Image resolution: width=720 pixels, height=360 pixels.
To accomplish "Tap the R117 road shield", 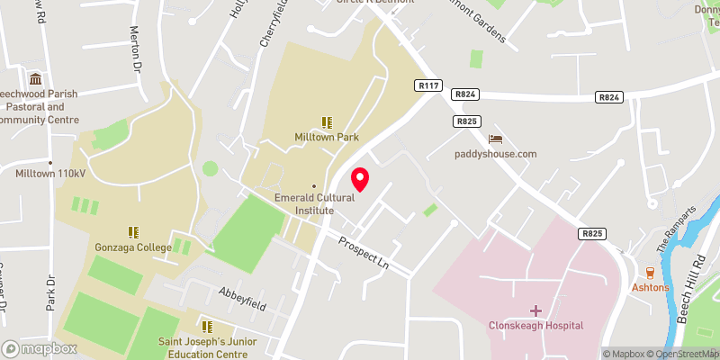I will pyautogui.click(x=427, y=85).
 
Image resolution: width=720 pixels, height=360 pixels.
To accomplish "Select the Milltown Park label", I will pyautogui.click(x=327, y=138).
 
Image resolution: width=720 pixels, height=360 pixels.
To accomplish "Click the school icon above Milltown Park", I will pyautogui.click(x=327, y=121).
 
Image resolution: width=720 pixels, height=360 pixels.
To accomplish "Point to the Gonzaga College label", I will pyautogui.click(x=132, y=246).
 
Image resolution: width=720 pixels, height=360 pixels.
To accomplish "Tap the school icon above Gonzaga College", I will pyautogui.click(x=132, y=230).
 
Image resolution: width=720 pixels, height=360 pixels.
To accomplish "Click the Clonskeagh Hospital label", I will pyautogui.click(x=536, y=325).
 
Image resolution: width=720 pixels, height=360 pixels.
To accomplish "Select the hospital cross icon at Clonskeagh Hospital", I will pyautogui.click(x=535, y=310).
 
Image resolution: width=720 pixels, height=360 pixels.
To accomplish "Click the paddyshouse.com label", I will pyautogui.click(x=496, y=154).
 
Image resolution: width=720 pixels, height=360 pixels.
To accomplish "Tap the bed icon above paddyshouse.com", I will pyautogui.click(x=495, y=139).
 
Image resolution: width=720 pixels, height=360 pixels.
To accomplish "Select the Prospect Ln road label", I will pyautogui.click(x=369, y=255).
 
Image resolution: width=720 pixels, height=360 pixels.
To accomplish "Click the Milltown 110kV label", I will pyautogui.click(x=49, y=174).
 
